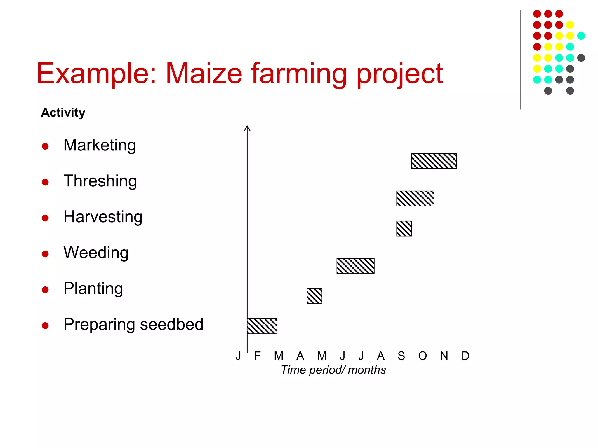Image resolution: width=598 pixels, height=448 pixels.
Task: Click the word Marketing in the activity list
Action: [100, 145]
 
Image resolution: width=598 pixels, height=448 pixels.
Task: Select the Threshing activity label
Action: [100, 181]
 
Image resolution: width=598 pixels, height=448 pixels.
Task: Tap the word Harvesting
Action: [103, 217]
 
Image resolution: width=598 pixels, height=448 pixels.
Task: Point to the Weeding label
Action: [96, 253]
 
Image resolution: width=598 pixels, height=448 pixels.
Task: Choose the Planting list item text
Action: [93, 288]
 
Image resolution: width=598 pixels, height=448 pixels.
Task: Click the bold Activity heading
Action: [63, 113]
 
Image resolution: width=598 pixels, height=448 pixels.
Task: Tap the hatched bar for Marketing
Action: [434, 161]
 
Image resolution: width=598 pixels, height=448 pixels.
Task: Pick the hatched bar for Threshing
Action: [415, 199]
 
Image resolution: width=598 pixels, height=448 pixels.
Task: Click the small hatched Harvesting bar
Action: [404, 229]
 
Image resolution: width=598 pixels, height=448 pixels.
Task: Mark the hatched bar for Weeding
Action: [355, 266]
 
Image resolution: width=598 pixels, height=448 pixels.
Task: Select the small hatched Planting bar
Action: [314, 296]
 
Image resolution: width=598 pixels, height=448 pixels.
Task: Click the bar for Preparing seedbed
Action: [262, 326]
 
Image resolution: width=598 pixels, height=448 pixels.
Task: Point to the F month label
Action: [257, 356]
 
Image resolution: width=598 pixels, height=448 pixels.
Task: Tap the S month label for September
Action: [401, 356]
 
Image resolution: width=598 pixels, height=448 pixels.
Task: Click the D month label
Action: [465, 356]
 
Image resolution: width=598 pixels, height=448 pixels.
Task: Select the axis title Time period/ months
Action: [333, 370]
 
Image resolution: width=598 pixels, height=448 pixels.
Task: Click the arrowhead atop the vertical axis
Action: [247, 128]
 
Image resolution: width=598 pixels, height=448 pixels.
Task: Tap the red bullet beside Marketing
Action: [45, 146]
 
